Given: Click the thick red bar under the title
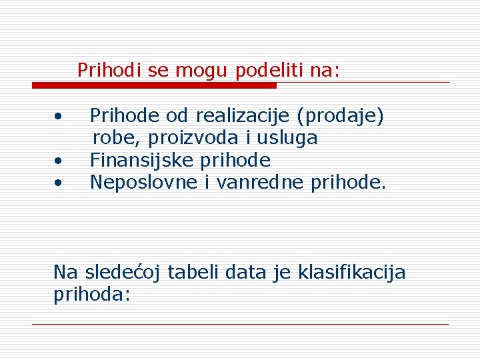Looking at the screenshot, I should coord(154,85).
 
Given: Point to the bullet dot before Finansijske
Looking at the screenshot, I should coord(59,161).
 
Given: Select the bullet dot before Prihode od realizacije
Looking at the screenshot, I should coord(59,117).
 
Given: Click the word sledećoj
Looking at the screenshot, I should coord(123,273).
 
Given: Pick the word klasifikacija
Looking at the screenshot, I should coord(351,273).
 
